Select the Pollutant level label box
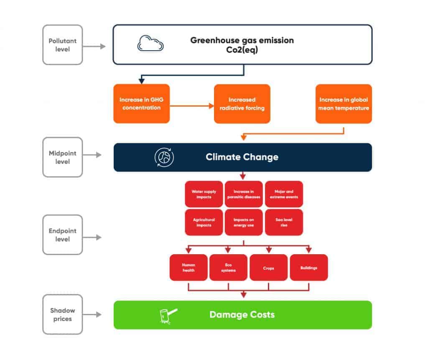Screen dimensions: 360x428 pyautogui.click(x=63, y=45)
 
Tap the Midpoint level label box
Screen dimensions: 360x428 pyautogui.click(x=63, y=157)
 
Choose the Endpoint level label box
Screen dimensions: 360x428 pyautogui.click(x=63, y=235)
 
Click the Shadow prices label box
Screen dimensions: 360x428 pyautogui.click(x=63, y=314)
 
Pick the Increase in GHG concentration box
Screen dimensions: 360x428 pyautogui.click(x=141, y=104)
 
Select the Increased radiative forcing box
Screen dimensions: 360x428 pyautogui.click(x=242, y=104)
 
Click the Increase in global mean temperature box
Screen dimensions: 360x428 pyautogui.click(x=344, y=104)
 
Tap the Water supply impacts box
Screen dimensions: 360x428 pyautogui.click(x=204, y=194)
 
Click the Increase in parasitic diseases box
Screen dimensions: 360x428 pyautogui.click(x=244, y=194)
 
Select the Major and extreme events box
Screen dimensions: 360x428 pyautogui.click(x=284, y=194)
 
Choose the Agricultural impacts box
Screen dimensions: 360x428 pyautogui.click(x=204, y=222)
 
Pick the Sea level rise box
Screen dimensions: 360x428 pyautogui.click(x=284, y=222)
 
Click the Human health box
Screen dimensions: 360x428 pyautogui.click(x=189, y=268)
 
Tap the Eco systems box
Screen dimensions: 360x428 pyautogui.click(x=228, y=268)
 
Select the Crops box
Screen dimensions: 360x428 pyautogui.click(x=269, y=268)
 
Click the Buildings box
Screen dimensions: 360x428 pyautogui.click(x=309, y=268)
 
